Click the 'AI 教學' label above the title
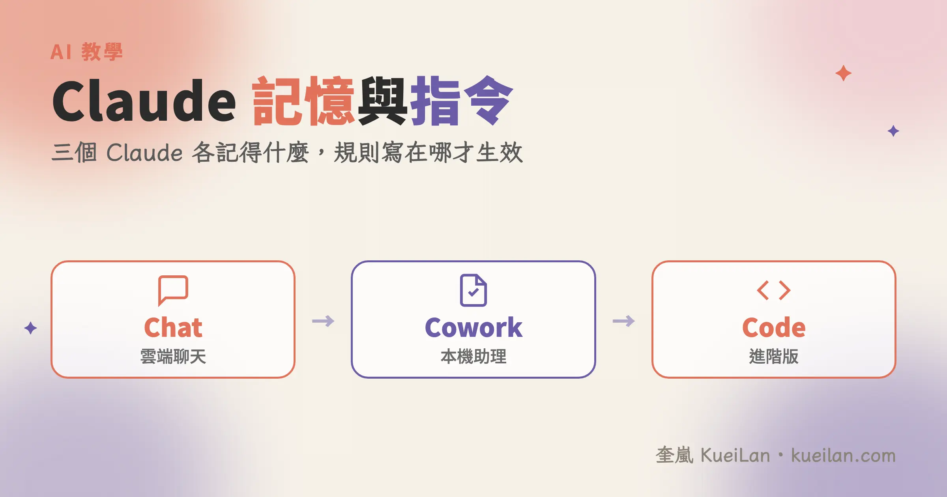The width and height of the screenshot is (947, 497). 86,52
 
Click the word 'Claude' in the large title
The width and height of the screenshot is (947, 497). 144,101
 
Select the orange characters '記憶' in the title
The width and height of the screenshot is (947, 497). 303,101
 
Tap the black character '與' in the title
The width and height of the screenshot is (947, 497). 382,101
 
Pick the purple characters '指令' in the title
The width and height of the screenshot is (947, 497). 462,101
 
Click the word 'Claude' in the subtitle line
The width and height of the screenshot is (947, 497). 144,152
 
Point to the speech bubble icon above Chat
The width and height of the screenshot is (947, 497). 173,290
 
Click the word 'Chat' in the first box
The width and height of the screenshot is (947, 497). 173,327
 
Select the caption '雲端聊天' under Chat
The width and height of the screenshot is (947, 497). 173,357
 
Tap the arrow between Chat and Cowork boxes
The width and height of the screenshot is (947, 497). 323,321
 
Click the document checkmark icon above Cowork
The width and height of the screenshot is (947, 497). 473,290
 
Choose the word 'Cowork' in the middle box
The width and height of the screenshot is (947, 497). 473,327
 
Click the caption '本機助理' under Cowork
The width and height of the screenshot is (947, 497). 473,357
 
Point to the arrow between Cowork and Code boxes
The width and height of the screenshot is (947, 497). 623,321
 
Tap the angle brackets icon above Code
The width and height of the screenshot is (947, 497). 774,290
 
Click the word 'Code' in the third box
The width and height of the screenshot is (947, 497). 774,327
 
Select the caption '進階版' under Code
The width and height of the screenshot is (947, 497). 774,357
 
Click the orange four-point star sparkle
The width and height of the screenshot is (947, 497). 843,73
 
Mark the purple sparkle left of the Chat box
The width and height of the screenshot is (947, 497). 30,328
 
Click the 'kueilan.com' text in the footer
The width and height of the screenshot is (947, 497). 843,456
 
